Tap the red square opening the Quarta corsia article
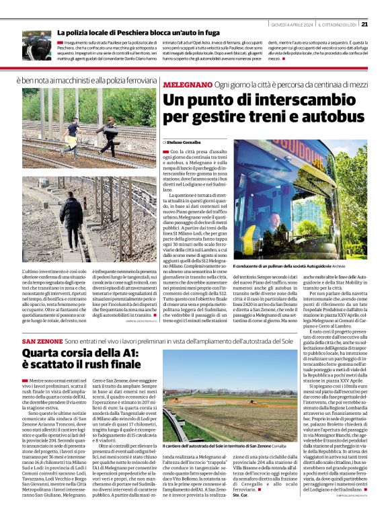24,381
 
